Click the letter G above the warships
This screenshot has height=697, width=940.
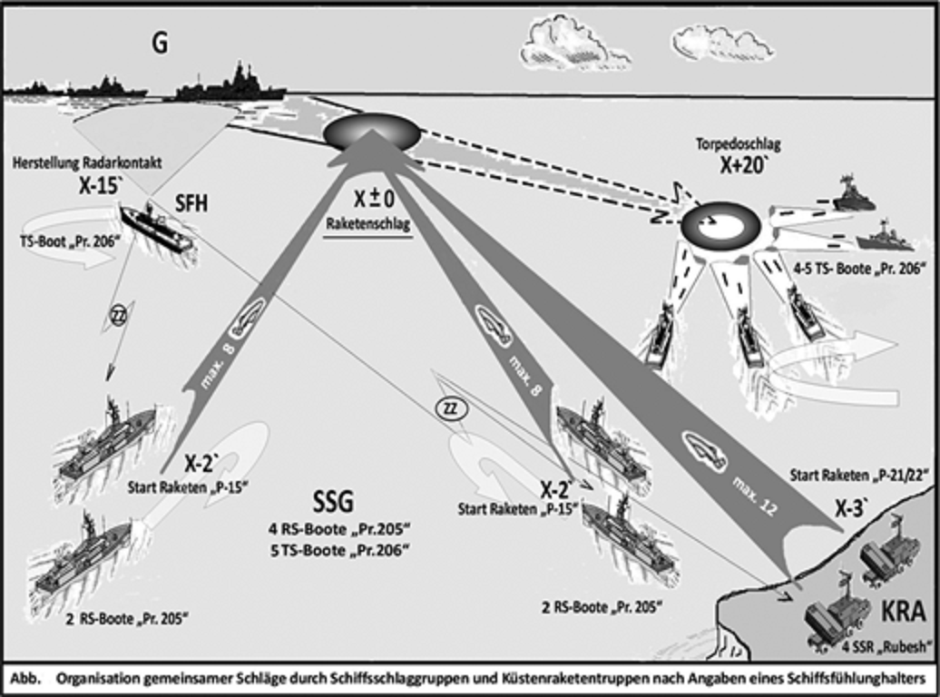[159, 43]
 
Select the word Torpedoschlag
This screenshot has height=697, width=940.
[738, 143]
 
